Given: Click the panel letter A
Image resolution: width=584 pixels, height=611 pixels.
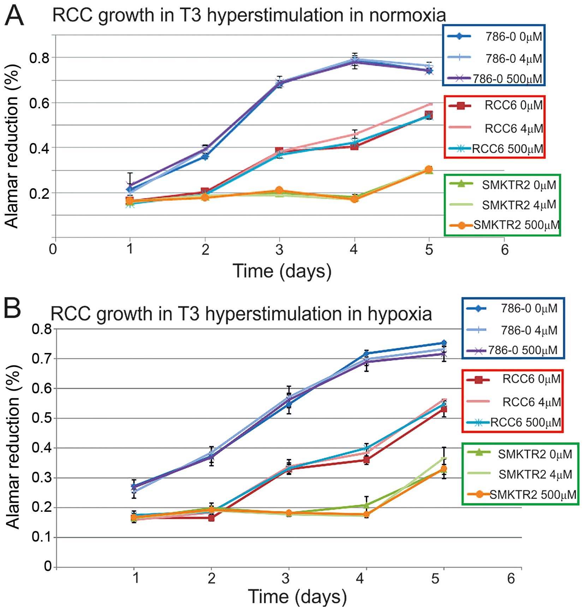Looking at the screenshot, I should [14, 16].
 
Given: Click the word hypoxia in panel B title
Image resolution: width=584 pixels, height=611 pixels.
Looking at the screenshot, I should [400, 314].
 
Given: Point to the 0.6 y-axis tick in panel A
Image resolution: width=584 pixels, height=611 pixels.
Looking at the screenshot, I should [39, 103].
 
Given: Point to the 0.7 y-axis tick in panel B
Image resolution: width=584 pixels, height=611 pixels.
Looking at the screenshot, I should [41, 359].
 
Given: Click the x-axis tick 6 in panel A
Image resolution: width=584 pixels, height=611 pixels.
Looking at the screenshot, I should [505, 250].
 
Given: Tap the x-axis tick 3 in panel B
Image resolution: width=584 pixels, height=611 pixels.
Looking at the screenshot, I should [286, 578].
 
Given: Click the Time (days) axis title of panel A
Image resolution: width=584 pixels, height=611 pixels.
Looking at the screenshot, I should [282, 271].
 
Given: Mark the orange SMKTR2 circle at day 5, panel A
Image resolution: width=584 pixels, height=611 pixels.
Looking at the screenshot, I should [429, 170].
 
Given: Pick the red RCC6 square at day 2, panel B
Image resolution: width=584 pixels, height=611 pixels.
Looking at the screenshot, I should [211, 518].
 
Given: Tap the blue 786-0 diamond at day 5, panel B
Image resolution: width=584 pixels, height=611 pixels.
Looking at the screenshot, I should [444, 343].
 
